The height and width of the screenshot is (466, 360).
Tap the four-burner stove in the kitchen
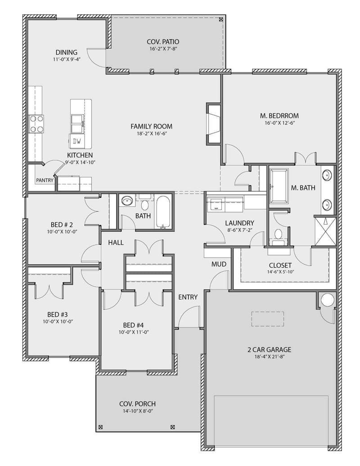[36, 124]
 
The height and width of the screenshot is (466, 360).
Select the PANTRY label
[45, 181]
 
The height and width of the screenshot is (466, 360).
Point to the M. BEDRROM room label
[279, 116]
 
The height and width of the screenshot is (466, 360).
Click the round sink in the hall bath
[127, 201]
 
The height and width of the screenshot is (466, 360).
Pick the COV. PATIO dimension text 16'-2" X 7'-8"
[165, 49]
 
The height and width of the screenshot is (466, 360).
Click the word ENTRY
[188, 297]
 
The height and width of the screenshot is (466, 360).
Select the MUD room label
[219, 264]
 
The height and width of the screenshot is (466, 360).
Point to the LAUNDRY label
[239, 223]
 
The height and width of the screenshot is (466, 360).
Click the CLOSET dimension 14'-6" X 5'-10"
[280, 272]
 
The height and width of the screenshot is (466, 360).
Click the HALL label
[116, 243]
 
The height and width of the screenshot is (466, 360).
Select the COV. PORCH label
[137, 404]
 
